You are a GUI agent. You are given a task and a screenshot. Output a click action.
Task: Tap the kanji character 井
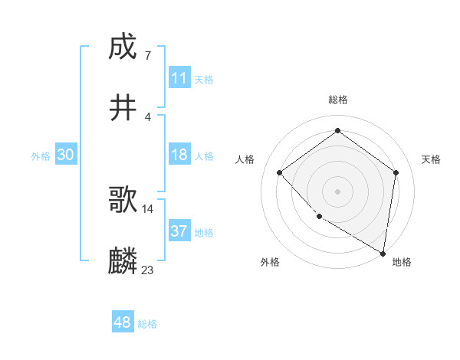pyautogui.click(x=123, y=108)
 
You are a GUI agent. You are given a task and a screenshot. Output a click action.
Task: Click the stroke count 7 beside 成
pyautogui.click(x=147, y=55)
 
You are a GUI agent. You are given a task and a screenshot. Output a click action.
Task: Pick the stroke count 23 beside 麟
pyautogui.click(x=148, y=270)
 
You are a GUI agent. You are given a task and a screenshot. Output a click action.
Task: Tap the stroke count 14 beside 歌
pyautogui.click(x=148, y=208)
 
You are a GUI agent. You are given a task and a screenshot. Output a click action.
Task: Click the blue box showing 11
pyautogui.click(x=179, y=78)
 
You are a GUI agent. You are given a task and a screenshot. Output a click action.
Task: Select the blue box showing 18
pyautogui.click(x=179, y=155)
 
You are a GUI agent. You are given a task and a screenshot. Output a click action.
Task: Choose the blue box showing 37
pyautogui.click(x=179, y=231)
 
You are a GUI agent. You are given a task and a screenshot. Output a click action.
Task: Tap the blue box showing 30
pyautogui.click(x=66, y=155)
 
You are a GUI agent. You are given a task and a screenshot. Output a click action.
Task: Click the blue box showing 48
pyautogui.click(x=123, y=323)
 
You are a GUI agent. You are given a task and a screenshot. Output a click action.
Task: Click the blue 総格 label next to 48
pyautogui.click(x=147, y=324)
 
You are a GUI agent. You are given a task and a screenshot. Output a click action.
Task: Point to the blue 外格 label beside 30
pyautogui.click(x=41, y=155)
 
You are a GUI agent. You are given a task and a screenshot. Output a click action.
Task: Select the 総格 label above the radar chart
pyautogui.click(x=338, y=100)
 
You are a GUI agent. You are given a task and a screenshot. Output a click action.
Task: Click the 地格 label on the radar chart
pyautogui.click(x=402, y=262)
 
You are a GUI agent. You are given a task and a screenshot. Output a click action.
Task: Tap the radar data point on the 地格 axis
pyautogui.click(x=383, y=253)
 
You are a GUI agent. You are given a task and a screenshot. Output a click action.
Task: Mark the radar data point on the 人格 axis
pyautogui.click(x=280, y=172)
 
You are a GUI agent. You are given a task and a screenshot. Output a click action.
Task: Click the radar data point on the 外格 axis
pyautogui.click(x=319, y=217)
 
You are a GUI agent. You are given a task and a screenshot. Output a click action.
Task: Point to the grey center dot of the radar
pyautogui.click(x=338, y=191)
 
